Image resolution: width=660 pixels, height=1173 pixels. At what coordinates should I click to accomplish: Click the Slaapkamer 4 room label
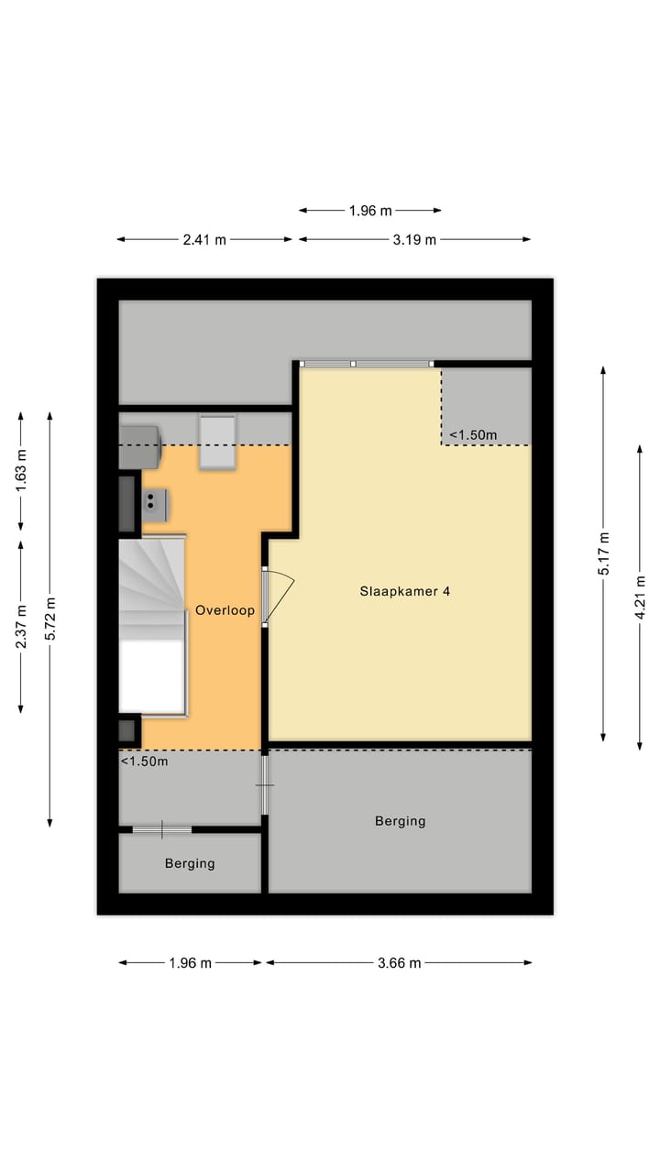pyautogui.click(x=404, y=592)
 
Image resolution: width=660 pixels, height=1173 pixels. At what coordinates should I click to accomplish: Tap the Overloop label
pyautogui.click(x=225, y=610)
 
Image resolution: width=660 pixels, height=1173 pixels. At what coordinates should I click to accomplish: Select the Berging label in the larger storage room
pyautogui.click(x=400, y=821)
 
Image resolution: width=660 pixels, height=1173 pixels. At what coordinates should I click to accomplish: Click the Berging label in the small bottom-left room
pyautogui.click(x=190, y=863)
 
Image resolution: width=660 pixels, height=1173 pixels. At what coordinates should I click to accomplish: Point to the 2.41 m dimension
pyautogui.click(x=204, y=240)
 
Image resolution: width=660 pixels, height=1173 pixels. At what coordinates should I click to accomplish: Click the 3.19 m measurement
pyautogui.click(x=414, y=240)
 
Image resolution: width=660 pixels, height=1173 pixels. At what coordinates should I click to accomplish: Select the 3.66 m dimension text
pyautogui.click(x=399, y=963)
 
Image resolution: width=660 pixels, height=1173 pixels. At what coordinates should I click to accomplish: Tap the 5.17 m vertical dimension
pyautogui.click(x=603, y=553)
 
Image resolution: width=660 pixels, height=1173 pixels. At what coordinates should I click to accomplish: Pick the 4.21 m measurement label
pyautogui.click(x=640, y=597)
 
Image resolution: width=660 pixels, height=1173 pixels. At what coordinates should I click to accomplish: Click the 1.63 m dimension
pyautogui.click(x=21, y=471)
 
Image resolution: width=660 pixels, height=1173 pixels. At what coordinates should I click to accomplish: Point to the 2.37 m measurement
pyautogui.click(x=21, y=625)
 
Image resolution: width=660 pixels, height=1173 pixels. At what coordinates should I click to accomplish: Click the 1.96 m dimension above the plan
pyautogui.click(x=369, y=211)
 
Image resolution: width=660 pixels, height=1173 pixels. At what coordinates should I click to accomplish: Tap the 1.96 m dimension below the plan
pyautogui.click(x=190, y=963)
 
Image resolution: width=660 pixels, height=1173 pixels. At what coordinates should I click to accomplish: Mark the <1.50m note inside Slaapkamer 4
pyautogui.click(x=473, y=434)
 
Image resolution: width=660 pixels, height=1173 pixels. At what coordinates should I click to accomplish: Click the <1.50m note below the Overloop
pyautogui.click(x=145, y=761)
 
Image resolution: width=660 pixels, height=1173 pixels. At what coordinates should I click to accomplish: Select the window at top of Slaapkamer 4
pyautogui.click(x=367, y=364)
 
